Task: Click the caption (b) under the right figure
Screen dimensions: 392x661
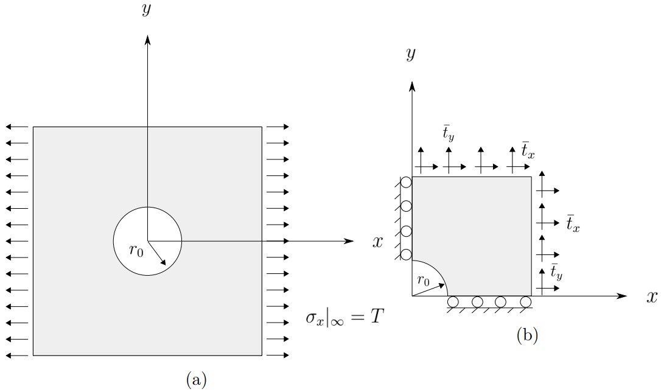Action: pyautogui.click(x=527, y=334)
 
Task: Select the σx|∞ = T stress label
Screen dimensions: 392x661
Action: pyautogui.click(x=345, y=317)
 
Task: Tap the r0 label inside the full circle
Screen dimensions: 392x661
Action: pyautogui.click(x=136, y=251)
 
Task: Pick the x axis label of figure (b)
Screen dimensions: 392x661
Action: pyautogui.click(x=651, y=296)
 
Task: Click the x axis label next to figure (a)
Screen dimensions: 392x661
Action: pyautogui.click(x=378, y=242)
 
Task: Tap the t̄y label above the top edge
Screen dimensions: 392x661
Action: pyautogui.click(x=449, y=135)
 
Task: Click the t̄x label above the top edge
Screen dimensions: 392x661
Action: pyautogui.click(x=528, y=149)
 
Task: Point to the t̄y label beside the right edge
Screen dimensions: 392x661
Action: pyautogui.click(x=556, y=271)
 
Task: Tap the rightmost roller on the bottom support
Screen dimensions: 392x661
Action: pyautogui.click(x=526, y=302)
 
